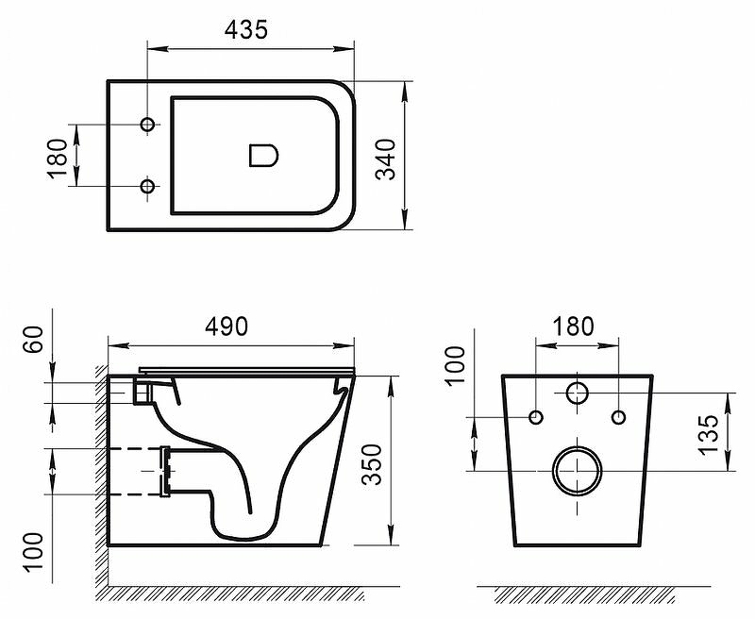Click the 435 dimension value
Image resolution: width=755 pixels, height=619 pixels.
pyautogui.click(x=246, y=29)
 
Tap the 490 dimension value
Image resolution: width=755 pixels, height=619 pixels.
pyautogui.click(x=226, y=326)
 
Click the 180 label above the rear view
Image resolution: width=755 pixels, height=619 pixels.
pyautogui.click(x=575, y=326)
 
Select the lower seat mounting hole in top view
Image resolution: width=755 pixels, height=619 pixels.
pyautogui.click(x=147, y=187)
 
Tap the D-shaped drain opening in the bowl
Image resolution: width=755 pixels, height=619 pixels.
pyautogui.click(x=263, y=155)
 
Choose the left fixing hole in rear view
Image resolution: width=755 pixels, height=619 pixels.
pyautogui.click(x=536, y=417)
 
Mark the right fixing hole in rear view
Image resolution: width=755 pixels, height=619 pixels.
pyautogui.click(x=618, y=417)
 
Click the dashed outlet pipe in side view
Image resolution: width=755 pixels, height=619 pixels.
pyautogui.click(x=137, y=470)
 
